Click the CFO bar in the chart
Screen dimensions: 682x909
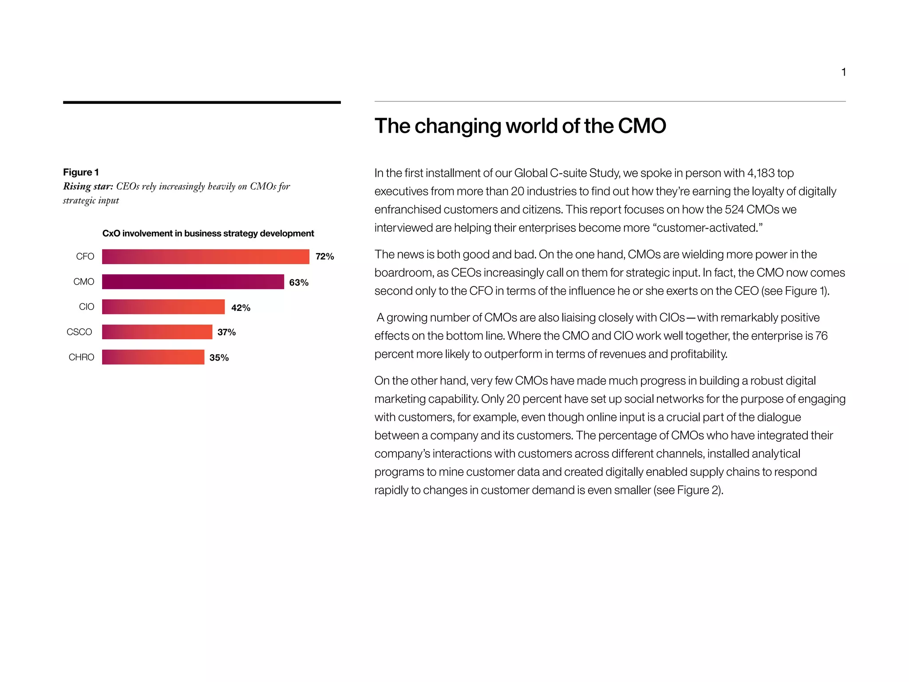(x=206, y=257)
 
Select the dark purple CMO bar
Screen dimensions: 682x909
(x=193, y=282)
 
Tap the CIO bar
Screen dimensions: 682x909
(x=163, y=307)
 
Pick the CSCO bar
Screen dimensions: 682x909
(x=157, y=332)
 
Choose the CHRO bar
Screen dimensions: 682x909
(x=153, y=357)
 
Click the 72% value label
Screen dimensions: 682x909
(x=324, y=257)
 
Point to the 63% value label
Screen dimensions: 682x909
(x=299, y=282)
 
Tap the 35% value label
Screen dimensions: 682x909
(x=219, y=358)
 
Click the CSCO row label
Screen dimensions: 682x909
(x=79, y=332)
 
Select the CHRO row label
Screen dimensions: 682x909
(x=81, y=357)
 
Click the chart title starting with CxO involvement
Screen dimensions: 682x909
(x=208, y=234)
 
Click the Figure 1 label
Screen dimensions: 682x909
(x=81, y=172)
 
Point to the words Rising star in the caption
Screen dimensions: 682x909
(x=88, y=186)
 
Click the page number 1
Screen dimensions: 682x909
(x=843, y=72)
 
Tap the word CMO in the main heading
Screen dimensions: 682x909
(x=642, y=126)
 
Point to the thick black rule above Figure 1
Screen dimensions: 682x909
(x=202, y=103)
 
